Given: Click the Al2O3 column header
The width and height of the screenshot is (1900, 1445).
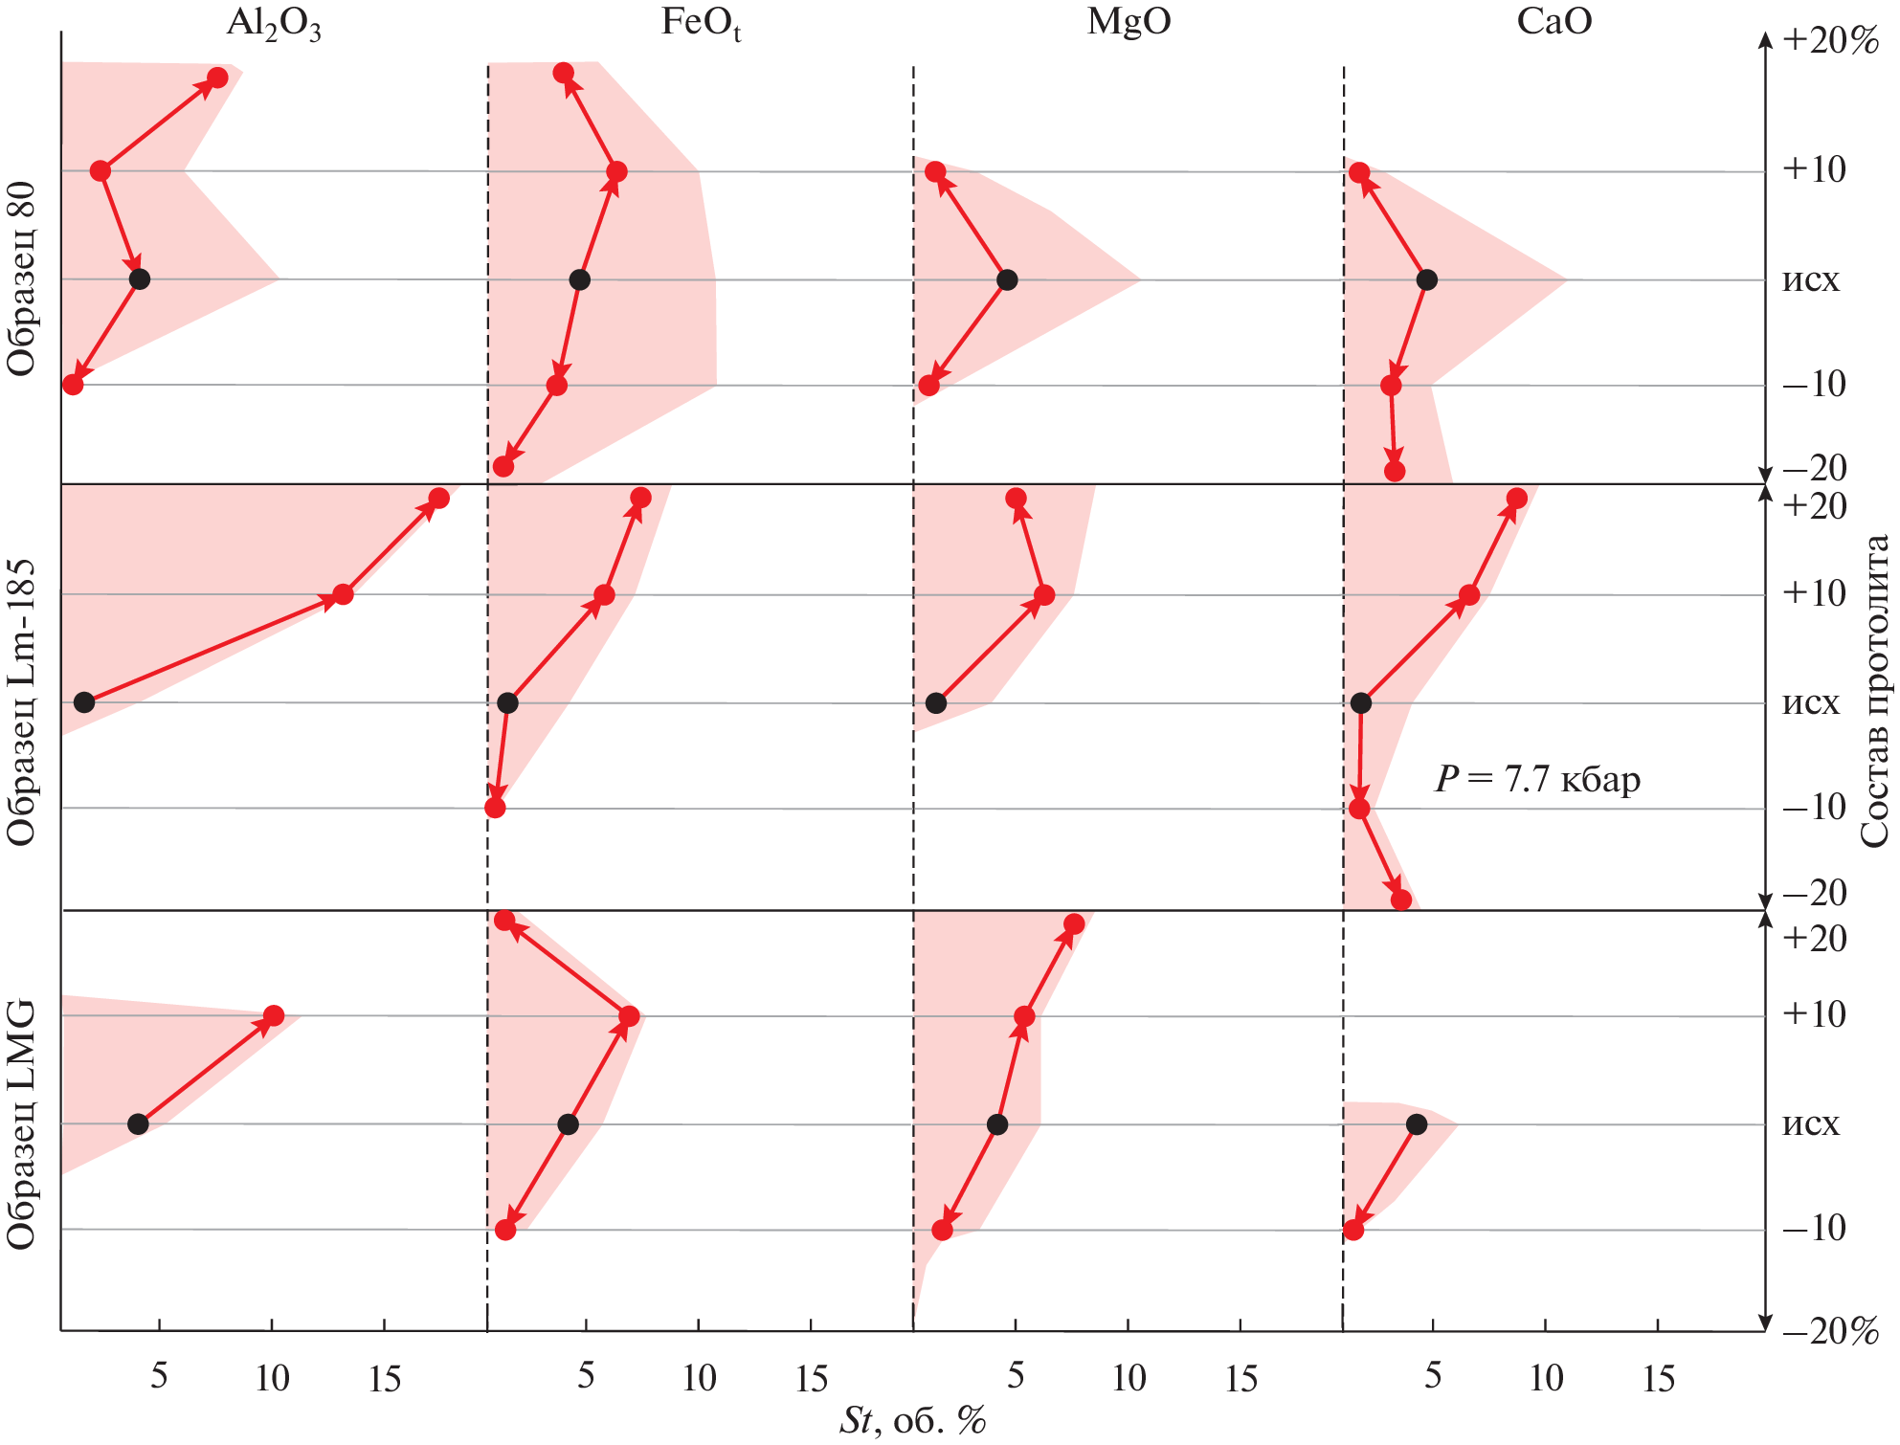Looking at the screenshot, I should point(273,23).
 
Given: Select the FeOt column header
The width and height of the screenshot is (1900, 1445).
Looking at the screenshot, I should point(701,23).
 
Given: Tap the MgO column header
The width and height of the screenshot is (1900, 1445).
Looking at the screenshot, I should point(1129,21).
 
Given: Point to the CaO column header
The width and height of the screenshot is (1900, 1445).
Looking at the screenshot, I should point(1554,21).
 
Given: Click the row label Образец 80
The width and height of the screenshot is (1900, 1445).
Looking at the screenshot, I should point(21,278).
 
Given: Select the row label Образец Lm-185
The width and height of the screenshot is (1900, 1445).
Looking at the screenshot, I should point(21,702).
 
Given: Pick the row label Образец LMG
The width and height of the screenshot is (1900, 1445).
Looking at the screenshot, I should point(21,1124).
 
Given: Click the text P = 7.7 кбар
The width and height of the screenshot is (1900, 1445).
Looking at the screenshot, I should point(1537,779).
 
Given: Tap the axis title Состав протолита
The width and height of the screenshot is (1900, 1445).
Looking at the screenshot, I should point(1875,690).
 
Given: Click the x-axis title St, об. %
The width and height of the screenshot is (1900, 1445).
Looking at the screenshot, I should point(912,1420).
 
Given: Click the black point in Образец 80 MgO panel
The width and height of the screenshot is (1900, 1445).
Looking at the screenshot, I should point(1006,279).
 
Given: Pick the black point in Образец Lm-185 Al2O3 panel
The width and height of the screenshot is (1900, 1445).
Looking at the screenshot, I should point(84,702).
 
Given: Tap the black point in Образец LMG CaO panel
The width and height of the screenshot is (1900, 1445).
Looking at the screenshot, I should point(1417,1124).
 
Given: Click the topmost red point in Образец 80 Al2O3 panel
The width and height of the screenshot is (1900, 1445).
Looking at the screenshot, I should point(217,78).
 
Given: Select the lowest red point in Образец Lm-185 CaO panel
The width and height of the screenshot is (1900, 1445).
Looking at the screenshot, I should point(1401,900).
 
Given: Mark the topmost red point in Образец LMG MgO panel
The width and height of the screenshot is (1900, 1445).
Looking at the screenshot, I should point(1074,923).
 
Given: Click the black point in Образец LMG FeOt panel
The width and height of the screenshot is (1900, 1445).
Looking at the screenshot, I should point(568,1124).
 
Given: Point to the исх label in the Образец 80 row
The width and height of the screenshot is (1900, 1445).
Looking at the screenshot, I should point(1810,279).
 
